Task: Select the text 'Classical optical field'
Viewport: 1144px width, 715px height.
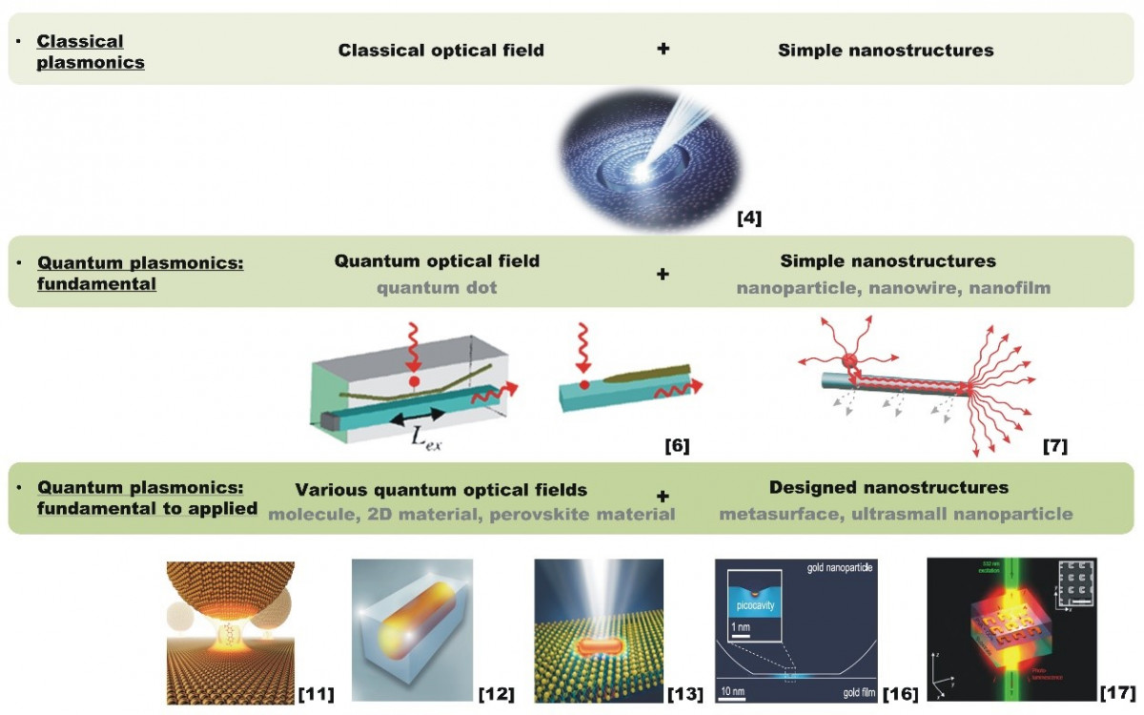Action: pos(440,50)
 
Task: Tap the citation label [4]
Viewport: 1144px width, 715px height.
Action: pos(749,219)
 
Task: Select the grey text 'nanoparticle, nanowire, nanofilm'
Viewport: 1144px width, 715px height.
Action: pos(893,287)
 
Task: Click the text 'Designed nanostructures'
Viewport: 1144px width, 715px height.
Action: pos(889,488)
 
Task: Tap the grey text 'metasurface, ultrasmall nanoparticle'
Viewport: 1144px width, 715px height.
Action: pos(895,515)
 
